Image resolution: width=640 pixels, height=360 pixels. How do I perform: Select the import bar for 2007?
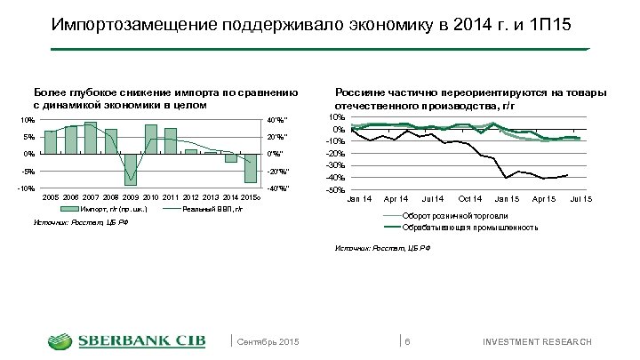(91, 138)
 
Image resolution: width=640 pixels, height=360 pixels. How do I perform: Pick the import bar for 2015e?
(251, 168)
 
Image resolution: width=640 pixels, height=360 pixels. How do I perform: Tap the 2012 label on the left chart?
(190, 196)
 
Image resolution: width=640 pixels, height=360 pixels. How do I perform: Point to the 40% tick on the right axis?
(277, 121)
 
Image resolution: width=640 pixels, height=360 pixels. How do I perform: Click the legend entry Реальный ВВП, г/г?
(212, 209)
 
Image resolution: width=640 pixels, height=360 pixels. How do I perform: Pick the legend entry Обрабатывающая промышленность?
(470, 228)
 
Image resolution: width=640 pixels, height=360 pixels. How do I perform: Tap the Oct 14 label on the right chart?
(468, 196)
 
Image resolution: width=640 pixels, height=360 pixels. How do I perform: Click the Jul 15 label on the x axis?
(580, 196)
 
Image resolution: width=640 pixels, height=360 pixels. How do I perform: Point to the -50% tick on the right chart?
(335, 190)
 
